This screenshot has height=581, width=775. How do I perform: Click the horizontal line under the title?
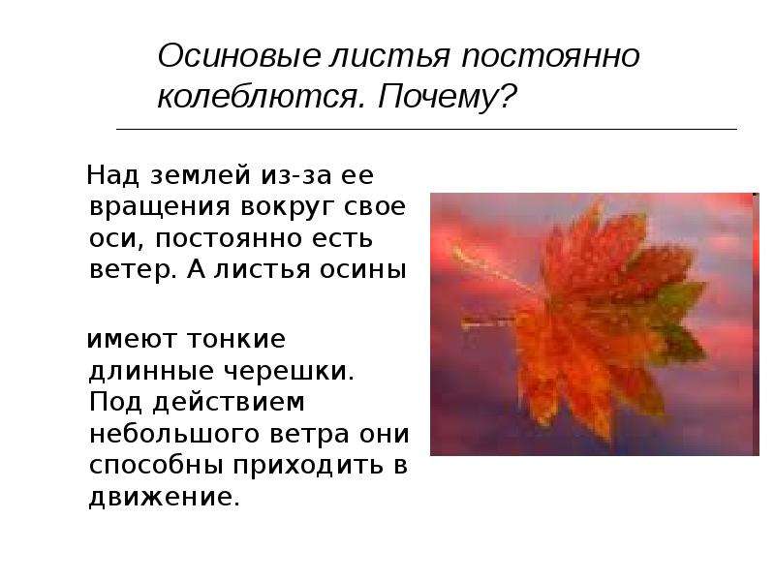pyautogui.click(x=426, y=129)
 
